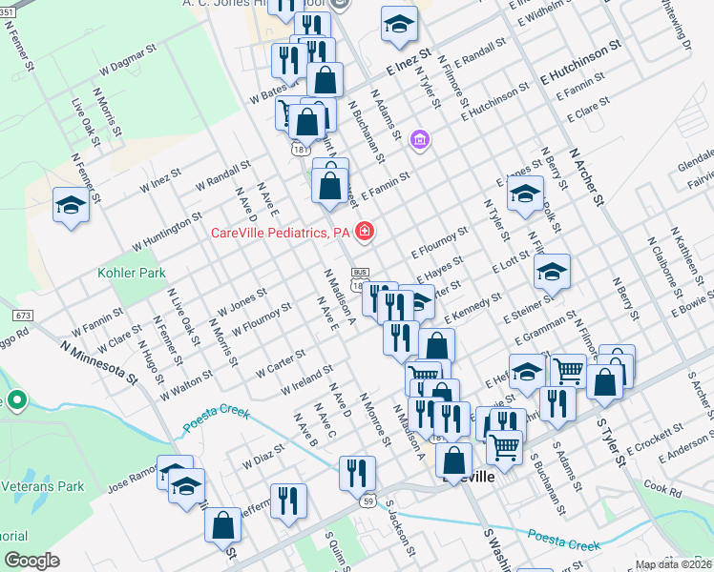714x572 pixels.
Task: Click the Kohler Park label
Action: pos(132,274)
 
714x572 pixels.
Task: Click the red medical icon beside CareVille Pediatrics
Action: pos(364,231)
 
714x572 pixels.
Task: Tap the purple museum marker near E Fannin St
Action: pos(419,141)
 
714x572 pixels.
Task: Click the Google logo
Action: pos(31,561)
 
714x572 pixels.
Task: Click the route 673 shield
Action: pos(24,315)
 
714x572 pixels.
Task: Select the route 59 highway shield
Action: pos(367,499)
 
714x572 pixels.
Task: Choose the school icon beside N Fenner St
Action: pos(72,206)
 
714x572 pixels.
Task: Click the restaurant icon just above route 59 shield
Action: pos(357,470)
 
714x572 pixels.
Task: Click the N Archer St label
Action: pos(587,175)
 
